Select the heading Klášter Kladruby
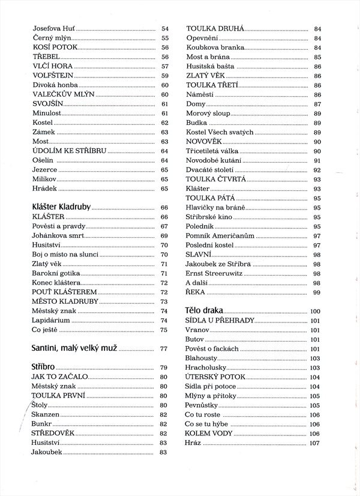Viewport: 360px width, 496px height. click(61, 207)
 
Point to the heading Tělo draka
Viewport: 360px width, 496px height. click(204, 311)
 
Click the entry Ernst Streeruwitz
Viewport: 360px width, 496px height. click(214, 273)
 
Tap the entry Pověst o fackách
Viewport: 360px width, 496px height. click(212, 348)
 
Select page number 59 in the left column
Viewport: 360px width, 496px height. click(165, 76)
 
